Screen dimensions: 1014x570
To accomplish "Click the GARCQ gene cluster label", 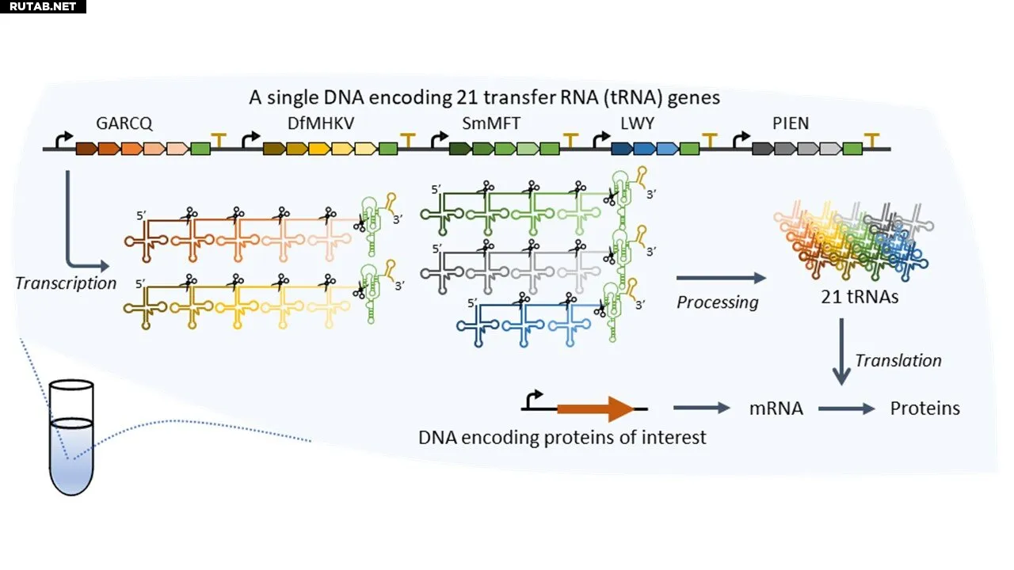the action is coord(124,123).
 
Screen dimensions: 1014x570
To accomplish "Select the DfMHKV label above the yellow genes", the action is coord(321,123).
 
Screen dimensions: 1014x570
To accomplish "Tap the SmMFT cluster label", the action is coord(491,123).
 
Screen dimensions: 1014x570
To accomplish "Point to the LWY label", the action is coord(637,123).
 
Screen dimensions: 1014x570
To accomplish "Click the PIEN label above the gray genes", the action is coord(791,123).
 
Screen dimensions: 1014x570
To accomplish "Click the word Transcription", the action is coord(66,283).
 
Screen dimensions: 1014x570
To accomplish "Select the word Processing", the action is coord(718,302).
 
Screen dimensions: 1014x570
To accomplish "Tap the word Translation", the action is coord(898,360).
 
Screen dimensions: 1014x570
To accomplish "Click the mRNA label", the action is coord(776,408).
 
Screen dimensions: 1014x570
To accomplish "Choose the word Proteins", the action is coord(924,408).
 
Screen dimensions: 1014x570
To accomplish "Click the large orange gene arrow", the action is coord(595,409).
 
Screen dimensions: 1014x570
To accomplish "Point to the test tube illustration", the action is coord(71,437).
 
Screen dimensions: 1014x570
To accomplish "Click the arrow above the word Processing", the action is coord(721,278).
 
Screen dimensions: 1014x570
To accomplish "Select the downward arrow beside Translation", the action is coord(841,351).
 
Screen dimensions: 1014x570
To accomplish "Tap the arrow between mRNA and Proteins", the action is coord(847,409).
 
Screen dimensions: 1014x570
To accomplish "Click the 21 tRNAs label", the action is coord(860,297).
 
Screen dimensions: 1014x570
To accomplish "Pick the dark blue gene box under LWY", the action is coord(622,148).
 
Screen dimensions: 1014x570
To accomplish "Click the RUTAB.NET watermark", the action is coord(43,6).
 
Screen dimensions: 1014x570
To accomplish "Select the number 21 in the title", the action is coord(467,97).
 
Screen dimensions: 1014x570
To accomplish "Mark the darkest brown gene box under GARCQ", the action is coord(86,148).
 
